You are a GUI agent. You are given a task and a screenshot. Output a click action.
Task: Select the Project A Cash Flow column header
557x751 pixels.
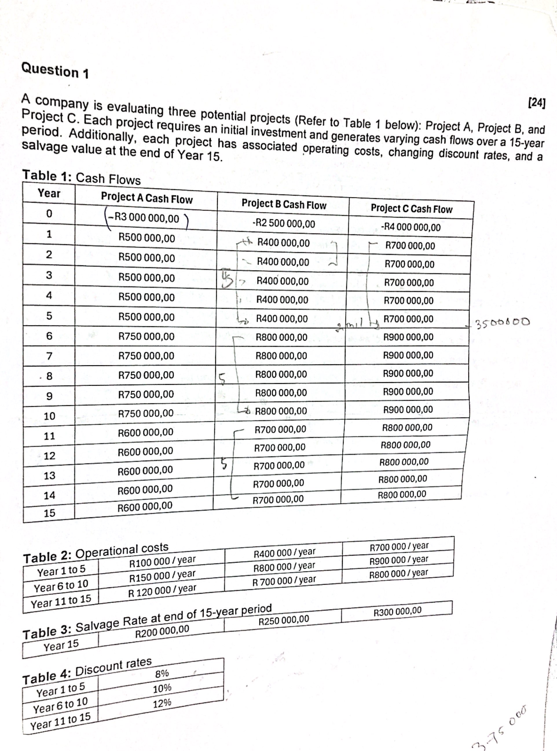(x=147, y=198)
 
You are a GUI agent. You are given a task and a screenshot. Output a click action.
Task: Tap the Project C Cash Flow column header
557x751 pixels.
(x=411, y=209)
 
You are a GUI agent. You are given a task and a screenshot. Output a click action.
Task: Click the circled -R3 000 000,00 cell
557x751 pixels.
(x=147, y=219)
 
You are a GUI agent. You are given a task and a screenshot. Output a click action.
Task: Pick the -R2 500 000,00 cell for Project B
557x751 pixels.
(x=283, y=224)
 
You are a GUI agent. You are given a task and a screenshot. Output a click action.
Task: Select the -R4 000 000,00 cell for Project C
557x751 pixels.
(x=410, y=227)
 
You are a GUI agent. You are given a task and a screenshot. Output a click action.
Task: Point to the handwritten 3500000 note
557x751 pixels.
(x=502, y=322)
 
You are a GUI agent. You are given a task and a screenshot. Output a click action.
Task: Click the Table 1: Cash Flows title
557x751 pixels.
(x=81, y=177)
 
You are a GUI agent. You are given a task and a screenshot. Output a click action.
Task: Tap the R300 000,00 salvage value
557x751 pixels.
(x=397, y=611)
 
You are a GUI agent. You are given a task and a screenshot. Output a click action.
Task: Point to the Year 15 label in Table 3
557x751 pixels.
(x=61, y=646)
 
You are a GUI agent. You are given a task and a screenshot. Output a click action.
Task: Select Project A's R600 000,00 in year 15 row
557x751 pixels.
(x=145, y=506)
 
